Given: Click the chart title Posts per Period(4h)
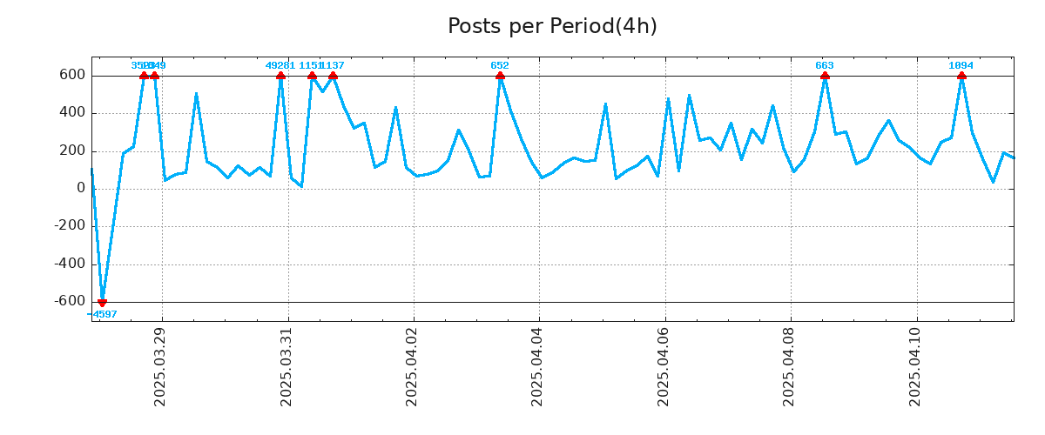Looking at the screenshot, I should (x=552, y=27).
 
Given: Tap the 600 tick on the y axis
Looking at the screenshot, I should (x=73, y=76).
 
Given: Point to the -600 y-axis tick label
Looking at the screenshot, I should (x=70, y=302).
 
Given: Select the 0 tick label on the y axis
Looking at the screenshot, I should (x=81, y=189).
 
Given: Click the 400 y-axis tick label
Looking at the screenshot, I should (x=73, y=113).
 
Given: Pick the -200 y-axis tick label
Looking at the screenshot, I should (x=70, y=226).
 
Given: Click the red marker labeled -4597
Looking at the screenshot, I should (x=102, y=302).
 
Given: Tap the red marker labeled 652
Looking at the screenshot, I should (x=500, y=76).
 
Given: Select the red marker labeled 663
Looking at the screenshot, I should (x=825, y=76).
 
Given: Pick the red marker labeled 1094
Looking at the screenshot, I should (x=961, y=76).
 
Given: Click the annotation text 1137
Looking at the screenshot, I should (x=334, y=65).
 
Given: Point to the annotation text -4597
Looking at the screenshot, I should (x=102, y=314).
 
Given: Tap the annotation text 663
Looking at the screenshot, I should (x=825, y=65).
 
